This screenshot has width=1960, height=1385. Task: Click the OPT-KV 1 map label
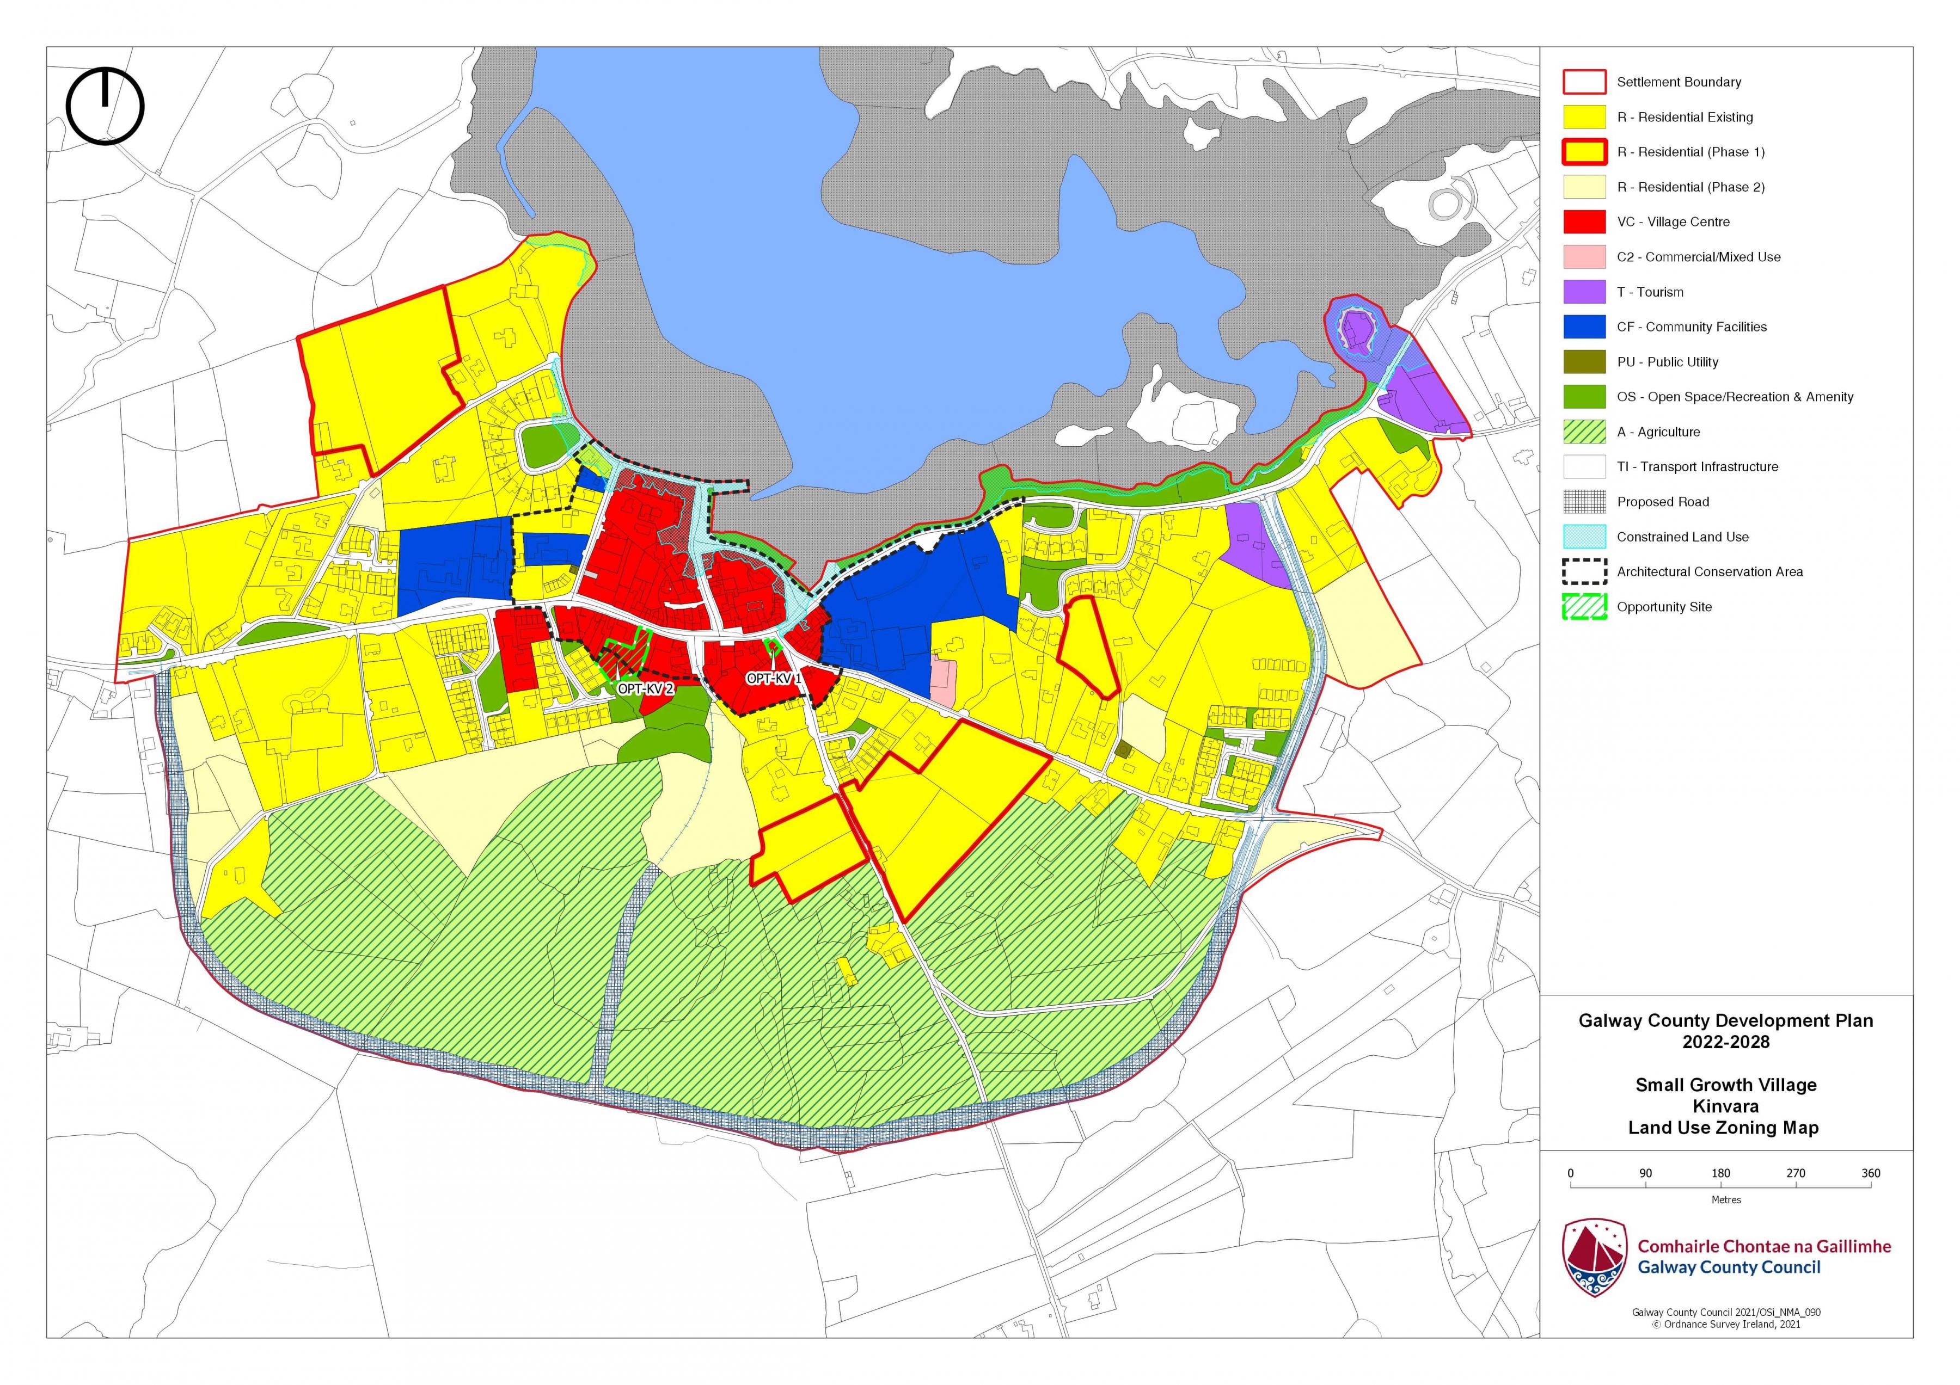(x=774, y=679)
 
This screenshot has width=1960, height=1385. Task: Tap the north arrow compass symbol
(x=105, y=107)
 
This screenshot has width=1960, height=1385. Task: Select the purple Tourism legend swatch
(x=1584, y=292)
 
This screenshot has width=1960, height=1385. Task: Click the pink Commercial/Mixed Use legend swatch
(x=1584, y=257)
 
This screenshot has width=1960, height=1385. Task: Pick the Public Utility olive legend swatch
(x=1584, y=362)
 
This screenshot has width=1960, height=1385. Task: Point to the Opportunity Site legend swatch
(x=1584, y=607)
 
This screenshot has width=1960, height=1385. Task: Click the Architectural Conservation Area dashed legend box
(x=1584, y=572)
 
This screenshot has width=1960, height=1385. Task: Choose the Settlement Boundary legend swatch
(x=1584, y=82)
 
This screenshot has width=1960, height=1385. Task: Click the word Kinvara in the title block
(x=1725, y=1106)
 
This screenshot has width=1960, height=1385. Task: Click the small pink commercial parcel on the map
(x=942, y=681)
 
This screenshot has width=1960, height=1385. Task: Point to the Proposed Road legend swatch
(x=1584, y=502)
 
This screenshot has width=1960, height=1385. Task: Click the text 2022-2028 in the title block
(x=1725, y=1042)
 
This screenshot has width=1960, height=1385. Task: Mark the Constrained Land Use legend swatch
(x=1584, y=537)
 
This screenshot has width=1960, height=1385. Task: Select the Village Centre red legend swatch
(x=1584, y=222)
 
